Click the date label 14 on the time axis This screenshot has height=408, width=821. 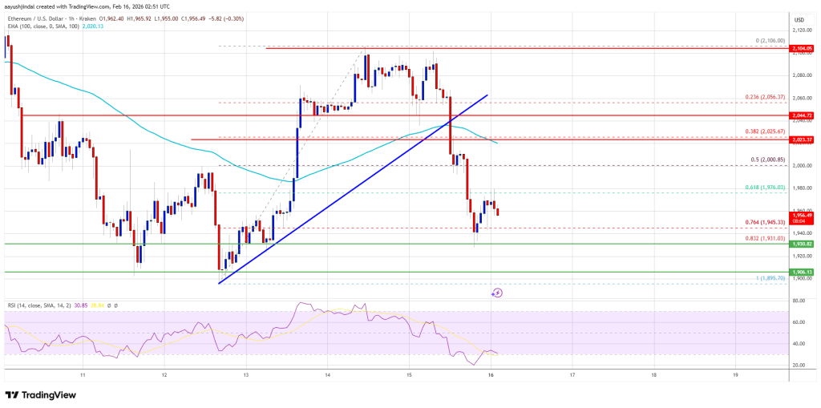pyautogui.click(x=328, y=374)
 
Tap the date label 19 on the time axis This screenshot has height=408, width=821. pyautogui.click(x=736, y=374)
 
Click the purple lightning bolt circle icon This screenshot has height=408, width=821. pyautogui.click(x=496, y=293)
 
